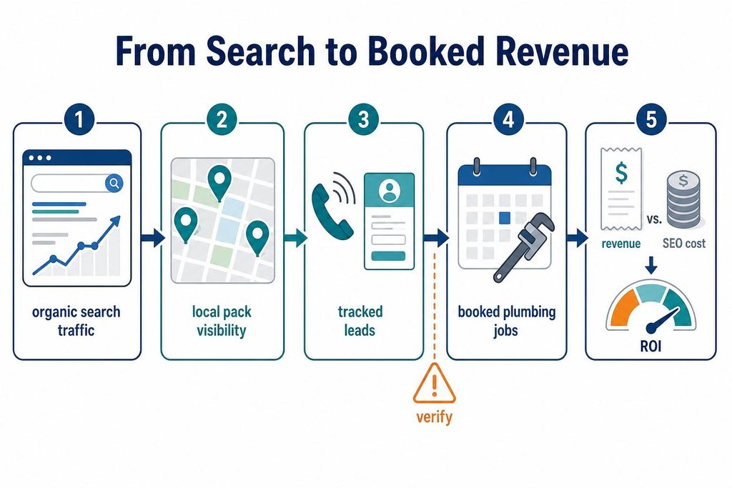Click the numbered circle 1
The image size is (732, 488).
[79, 119]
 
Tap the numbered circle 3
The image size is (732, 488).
[364, 119]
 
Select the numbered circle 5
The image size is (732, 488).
[651, 119]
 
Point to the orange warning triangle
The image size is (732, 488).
[434, 384]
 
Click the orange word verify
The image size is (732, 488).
[434, 416]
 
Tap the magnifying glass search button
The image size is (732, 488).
[114, 183]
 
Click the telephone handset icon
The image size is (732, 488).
[331, 211]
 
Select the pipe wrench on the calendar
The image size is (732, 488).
[524, 247]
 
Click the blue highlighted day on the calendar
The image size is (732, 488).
[504, 218]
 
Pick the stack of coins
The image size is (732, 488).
[683, 199]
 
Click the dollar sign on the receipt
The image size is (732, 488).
[621, 173]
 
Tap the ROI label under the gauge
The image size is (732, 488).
[651, 346]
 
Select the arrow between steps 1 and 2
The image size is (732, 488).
[152, 238]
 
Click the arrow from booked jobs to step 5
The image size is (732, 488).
[577, 238]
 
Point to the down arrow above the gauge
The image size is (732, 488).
[651, 265]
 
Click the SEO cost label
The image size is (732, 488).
[684, 243]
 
